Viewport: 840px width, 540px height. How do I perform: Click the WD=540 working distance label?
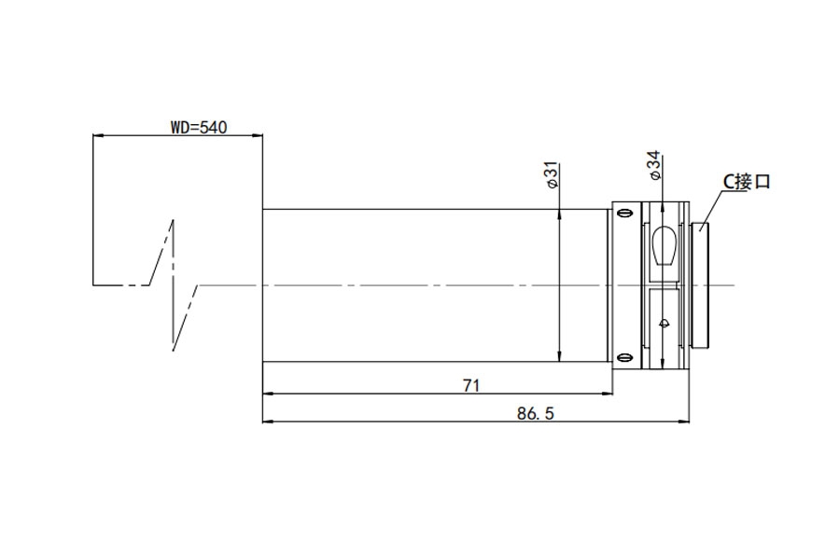pyautogui.click(x=199, y=128)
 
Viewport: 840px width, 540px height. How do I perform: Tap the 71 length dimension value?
pyautogui.click(x=471, y=385)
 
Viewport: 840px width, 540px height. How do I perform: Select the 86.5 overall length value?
pyautogui.click(x=535, y=413)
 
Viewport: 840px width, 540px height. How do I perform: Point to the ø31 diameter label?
pyautogui.click(x=552, y=175)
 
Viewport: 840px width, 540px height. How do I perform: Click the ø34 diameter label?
pyautogui.click(x=654, y=165)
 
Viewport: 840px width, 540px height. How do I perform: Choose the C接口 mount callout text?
pyautogui.click(x=747, y=182)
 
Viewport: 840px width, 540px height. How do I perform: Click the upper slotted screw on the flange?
pyautogui.click(x=623, y=213)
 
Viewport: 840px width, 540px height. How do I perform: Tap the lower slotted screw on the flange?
pyautogui.click(x=623, y=357)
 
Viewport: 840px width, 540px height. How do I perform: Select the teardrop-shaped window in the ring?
pyautogui.click(x=665, y=245)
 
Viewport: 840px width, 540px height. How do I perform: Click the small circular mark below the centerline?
pyautogui.click(x=665, y=323)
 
